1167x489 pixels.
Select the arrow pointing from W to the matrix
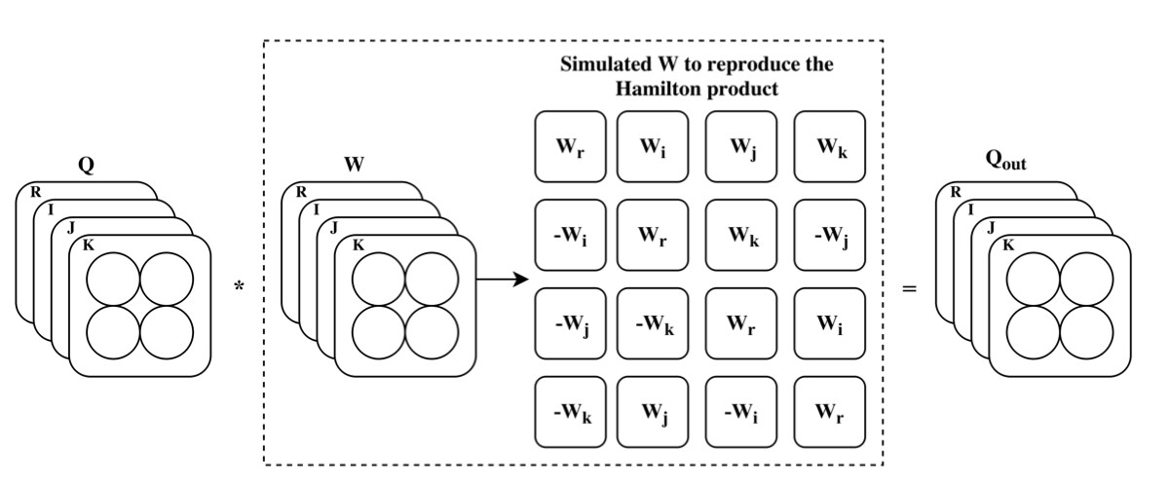[x=502, y=280]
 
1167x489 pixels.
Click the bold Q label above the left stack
[x=86, y=166]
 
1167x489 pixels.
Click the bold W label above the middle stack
[x=354, y=166]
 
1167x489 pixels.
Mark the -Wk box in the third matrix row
[x=654, y=323]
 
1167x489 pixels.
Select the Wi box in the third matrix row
[x=830, y=323]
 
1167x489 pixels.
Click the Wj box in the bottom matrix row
[x=654, y=412]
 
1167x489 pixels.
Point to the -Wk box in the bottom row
[x=570, y=412]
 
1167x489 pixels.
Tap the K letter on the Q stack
[x=89, y=244]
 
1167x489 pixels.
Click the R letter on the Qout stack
[x=956, y=192]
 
